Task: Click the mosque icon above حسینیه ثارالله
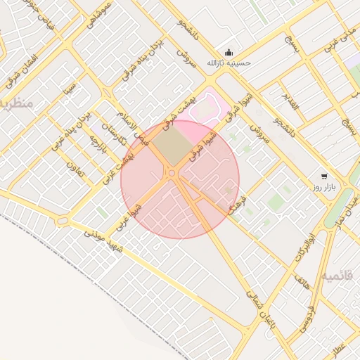tap(229, 53)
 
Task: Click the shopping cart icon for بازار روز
tap(323, 176)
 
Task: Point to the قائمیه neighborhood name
tap(337, 276)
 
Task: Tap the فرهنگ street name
tap(238, 204)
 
